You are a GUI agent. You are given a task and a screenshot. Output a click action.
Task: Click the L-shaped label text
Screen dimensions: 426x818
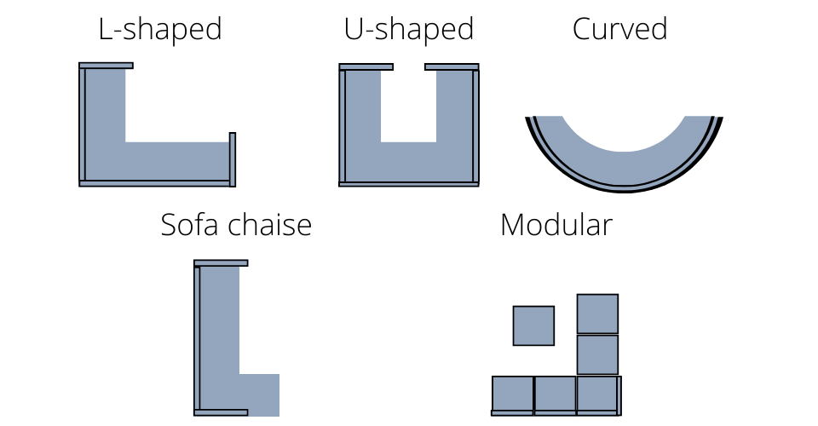160,30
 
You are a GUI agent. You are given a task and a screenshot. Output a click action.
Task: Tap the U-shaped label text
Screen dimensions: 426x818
408,30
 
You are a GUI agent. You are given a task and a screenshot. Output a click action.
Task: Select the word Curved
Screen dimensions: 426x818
619,30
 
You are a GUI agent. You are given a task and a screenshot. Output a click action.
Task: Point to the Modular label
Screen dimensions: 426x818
556,225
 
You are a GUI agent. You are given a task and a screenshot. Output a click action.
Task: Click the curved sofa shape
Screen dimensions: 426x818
624,166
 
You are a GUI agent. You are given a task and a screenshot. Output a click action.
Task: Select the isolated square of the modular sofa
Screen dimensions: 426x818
533,325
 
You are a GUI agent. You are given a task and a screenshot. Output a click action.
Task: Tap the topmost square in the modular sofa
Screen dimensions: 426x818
597,314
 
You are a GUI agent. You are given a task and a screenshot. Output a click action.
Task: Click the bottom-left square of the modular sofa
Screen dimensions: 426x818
513,395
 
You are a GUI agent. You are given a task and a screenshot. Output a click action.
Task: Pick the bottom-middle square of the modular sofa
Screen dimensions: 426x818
555,395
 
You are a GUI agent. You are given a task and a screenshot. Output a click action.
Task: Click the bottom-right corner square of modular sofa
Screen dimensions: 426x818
596,395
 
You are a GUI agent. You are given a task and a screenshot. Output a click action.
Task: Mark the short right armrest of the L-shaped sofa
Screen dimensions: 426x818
233,159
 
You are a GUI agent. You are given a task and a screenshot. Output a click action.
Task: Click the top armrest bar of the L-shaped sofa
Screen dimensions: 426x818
106,66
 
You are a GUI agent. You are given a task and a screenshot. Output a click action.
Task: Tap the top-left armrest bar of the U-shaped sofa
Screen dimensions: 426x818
366,66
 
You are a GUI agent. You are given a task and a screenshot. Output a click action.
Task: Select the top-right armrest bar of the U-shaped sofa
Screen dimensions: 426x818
452,66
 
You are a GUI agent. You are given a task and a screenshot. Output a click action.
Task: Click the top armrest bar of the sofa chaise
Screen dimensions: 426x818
221,263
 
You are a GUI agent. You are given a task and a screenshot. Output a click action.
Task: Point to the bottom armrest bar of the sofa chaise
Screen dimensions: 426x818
221,412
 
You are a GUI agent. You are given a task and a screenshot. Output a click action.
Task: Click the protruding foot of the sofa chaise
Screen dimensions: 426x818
259,394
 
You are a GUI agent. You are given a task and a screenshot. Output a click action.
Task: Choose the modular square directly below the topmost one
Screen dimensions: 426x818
597,354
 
